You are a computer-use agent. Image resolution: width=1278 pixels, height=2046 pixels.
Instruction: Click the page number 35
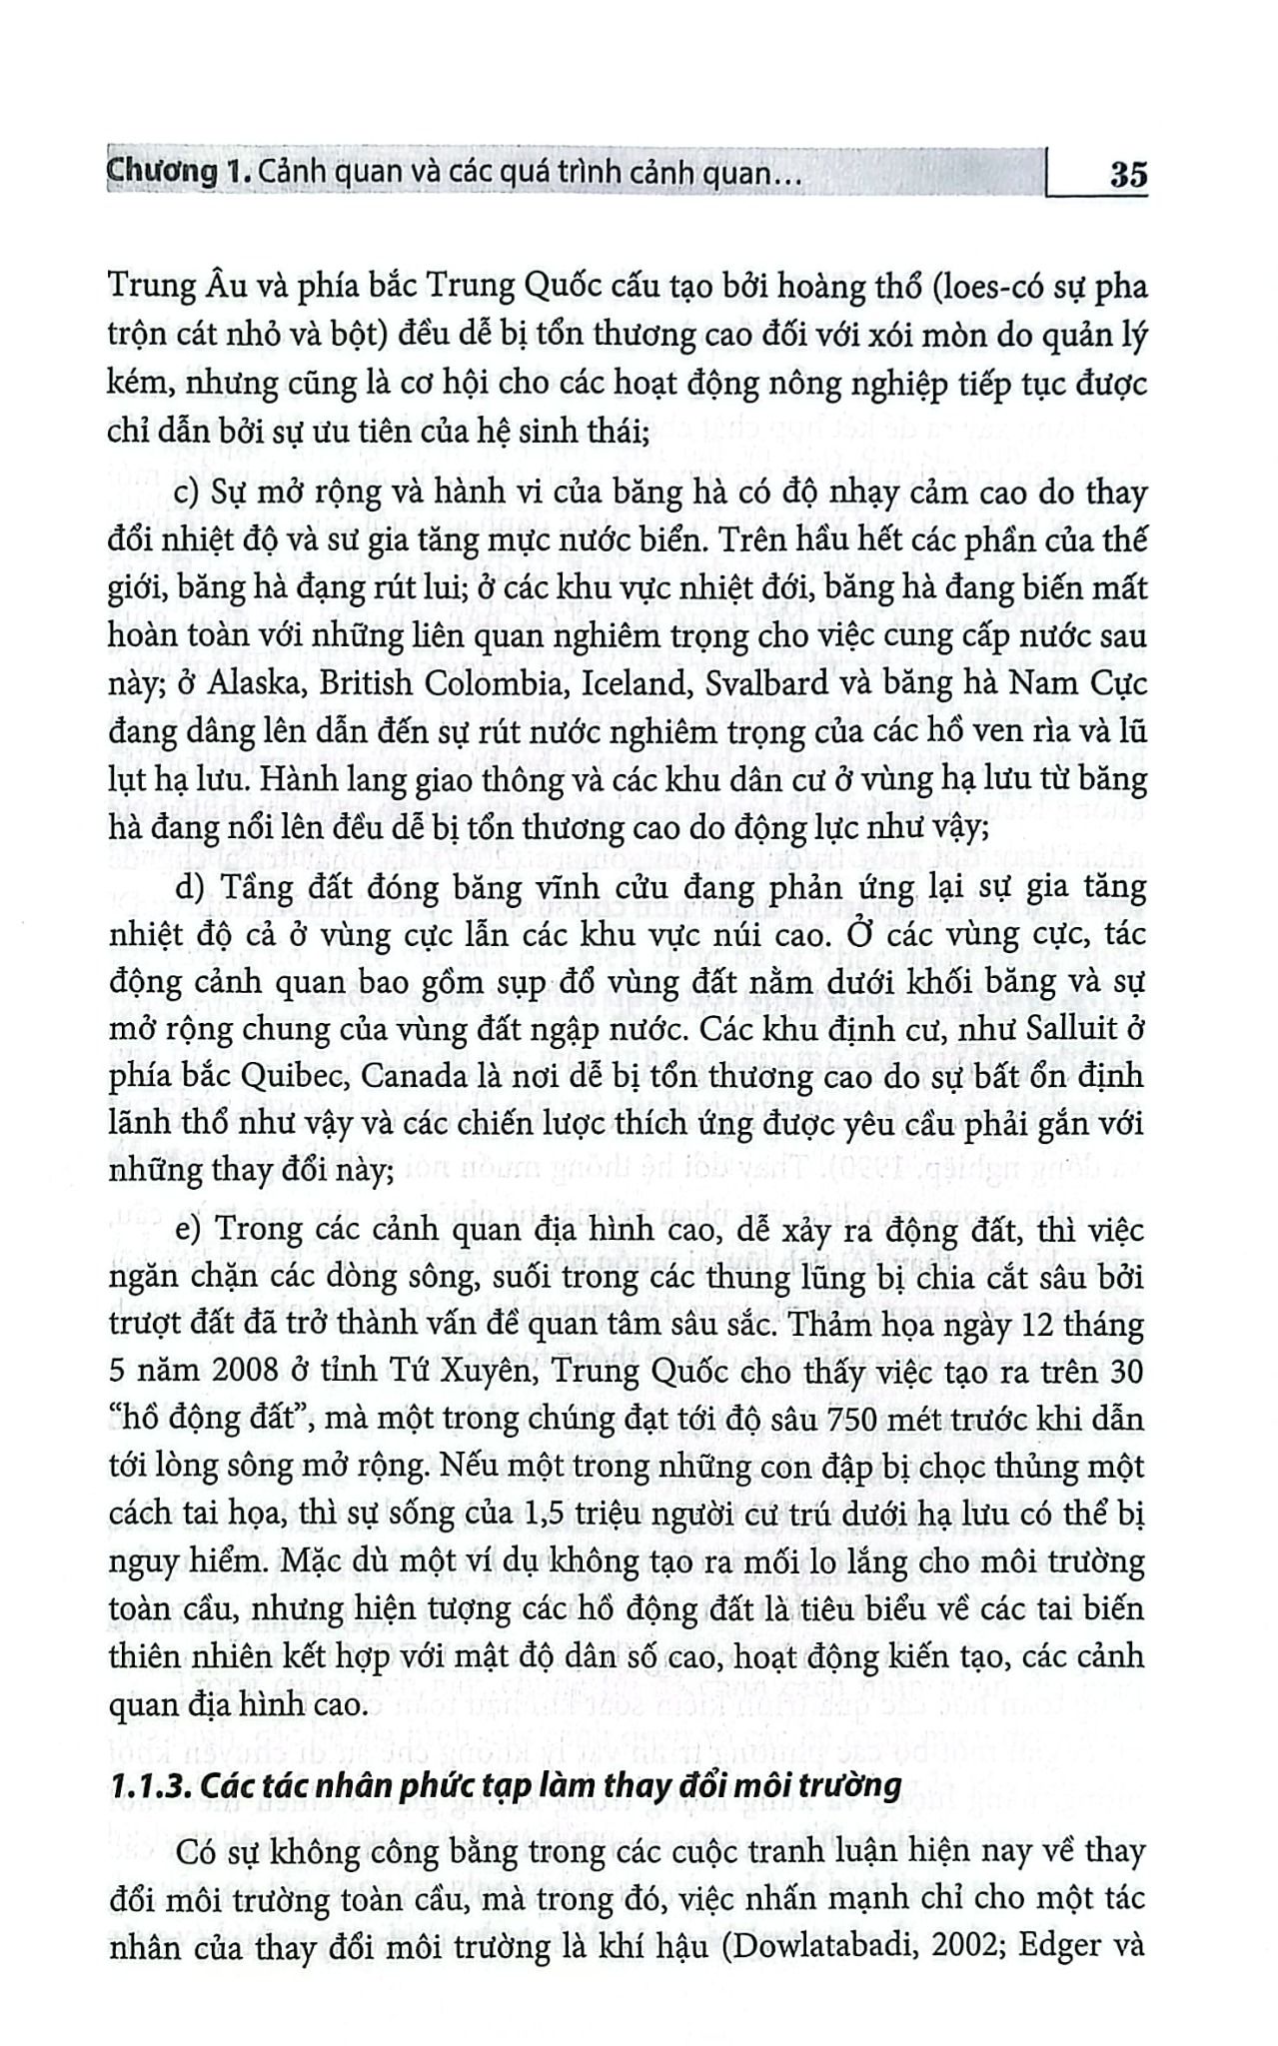click(1128, 176)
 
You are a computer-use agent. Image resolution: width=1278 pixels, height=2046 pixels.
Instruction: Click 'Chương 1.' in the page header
click(175, 175)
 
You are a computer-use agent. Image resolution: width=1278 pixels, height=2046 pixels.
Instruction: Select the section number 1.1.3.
click(150, 1785)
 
